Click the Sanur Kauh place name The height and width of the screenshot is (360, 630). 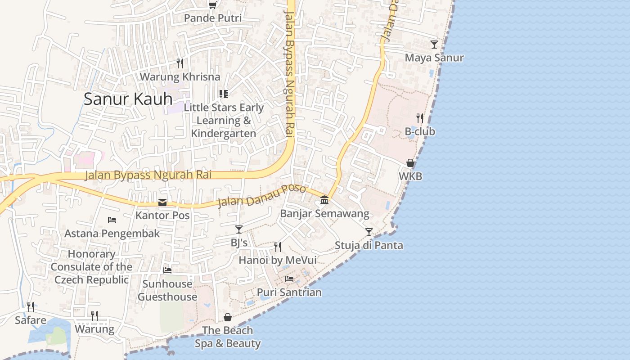click(x=128, y=99)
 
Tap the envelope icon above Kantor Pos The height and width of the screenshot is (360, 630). click(x=162, y=202)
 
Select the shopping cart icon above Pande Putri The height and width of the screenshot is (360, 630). click(x=212, y=5)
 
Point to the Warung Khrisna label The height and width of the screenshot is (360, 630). click(x=180, y=76)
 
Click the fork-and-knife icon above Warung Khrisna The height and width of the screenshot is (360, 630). click(x=180, y=63)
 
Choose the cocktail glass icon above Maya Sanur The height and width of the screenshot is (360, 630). click(x=434, y=44)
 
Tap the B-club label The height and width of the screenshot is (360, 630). click(x=420, y=132)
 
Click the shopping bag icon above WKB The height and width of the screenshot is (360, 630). click(x=410, y=163)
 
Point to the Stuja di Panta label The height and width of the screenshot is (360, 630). click(x=369, y=246)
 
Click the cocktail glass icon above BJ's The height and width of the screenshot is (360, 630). click(x=239, y=229)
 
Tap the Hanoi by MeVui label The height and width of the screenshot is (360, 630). click(x=278, y=260)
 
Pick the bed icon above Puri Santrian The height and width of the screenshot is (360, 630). click(x=289, y=279)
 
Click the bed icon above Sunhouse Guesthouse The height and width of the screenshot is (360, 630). click(x=167, y=270)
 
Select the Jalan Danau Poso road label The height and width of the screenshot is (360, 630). click(x=261, y=196)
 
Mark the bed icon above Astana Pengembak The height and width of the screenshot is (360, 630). click(x=112, y=220)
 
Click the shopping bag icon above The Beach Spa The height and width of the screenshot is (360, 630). click(x=228, y=317)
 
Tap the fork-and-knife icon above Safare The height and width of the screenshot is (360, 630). click(x=31, y=307)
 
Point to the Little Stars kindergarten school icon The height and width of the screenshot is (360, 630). click(x=224, y=94)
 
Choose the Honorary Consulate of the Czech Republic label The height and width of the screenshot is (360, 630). click(x=92, y=267)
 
